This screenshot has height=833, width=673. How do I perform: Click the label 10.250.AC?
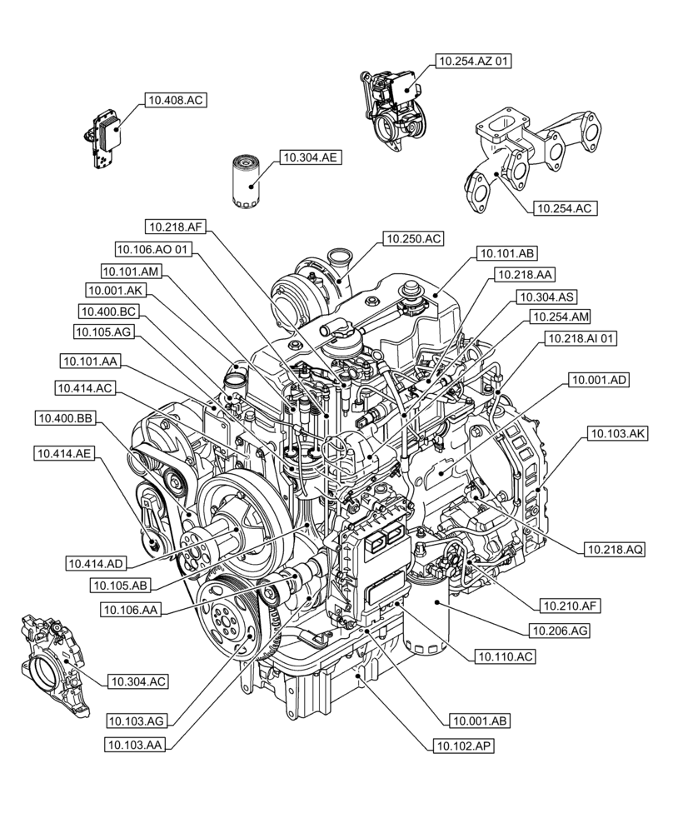click(413, 239)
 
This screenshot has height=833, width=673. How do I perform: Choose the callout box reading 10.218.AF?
click(174, 226)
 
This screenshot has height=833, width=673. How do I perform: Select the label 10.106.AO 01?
click(154, 248)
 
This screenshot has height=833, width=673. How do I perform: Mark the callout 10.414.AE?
click(63, 453)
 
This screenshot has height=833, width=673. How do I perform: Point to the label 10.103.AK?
click(617, 433)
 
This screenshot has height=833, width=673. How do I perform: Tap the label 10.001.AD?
click(599, 380)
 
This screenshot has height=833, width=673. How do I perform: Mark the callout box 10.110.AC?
click(506, 657)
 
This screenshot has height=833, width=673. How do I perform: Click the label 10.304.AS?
click(547, 297)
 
